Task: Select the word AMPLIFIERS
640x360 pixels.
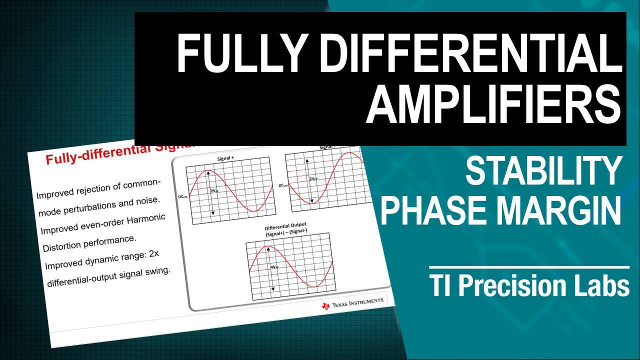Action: click(493, 106)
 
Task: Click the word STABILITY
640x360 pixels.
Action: click(543, 171)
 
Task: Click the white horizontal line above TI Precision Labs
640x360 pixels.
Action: click(528, 267)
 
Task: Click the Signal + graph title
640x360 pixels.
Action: click(225, 159)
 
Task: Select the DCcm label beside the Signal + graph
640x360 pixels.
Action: click(181, 197)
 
